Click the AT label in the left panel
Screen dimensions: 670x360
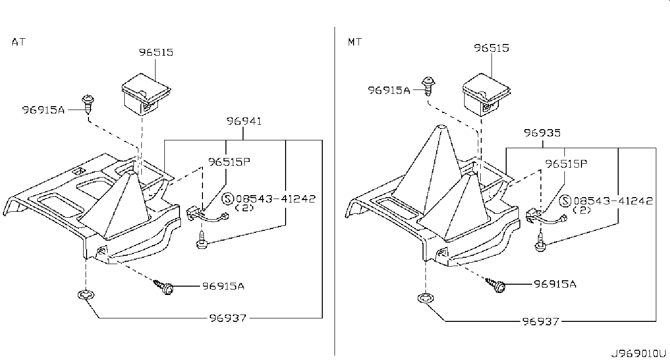(18, 42)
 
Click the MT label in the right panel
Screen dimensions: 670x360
(355, 42)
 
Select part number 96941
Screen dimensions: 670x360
(244, 121)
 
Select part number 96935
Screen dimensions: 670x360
(542, 133)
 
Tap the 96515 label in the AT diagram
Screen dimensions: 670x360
(156, 52)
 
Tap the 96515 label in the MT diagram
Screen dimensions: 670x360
(491, 48)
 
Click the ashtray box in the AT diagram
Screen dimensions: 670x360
(146, 94)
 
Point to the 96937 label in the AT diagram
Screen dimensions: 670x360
(228, 318)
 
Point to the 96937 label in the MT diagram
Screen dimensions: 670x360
(541, 321)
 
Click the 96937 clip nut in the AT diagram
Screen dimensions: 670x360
(86, 295)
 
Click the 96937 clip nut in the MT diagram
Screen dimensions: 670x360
(425, 298)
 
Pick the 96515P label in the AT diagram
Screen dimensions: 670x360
(229, 162)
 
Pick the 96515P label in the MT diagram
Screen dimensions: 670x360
(566, 164)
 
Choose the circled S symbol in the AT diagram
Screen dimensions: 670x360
(228, 199)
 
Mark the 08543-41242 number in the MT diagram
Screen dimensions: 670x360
(613, 201)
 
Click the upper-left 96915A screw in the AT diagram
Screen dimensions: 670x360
(88, 105)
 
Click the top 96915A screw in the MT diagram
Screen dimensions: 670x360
(428, 86)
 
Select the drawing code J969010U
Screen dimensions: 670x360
(637, 354)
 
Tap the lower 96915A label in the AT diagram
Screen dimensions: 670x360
(223, 286)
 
